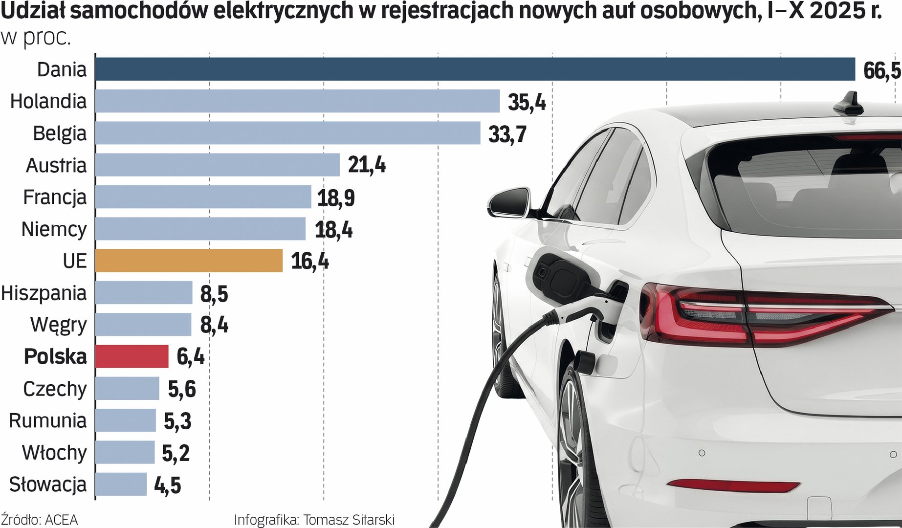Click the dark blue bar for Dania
474,69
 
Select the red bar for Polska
132,356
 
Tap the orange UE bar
189,261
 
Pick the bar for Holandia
297,101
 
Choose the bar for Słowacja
121,484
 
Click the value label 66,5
881,71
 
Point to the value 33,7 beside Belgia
507,134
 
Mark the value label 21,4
367,165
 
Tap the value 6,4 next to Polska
190,357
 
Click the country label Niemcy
54,229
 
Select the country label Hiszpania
44,293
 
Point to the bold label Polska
55,356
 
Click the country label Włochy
54,452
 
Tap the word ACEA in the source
61,519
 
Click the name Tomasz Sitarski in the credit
349,519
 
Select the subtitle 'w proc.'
36,38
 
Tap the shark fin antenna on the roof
849,104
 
